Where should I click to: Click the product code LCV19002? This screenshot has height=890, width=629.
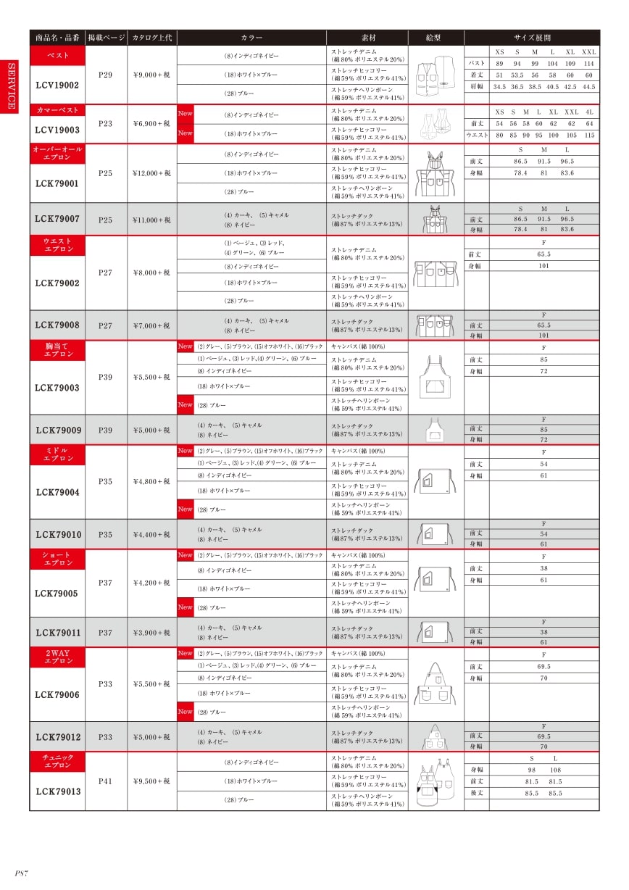[x=57, y=85]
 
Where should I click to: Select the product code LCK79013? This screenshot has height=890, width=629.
[x=57, y=791]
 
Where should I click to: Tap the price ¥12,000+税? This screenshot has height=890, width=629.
[x=152, y=173]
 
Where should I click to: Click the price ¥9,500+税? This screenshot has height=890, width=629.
[x=152, y=781]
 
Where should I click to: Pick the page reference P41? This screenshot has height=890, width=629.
[x=106, y=781]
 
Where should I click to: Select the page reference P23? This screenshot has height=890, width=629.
[x=106, y=124]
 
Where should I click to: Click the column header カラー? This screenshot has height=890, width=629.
[x=251, y=38]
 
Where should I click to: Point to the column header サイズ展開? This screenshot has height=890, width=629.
[x=532, y=38]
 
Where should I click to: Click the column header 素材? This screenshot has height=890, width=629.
[x=367, y=38]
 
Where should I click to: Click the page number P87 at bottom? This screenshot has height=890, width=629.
[x=22, y=873]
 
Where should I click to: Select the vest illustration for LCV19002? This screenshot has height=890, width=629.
[x=436, y=75]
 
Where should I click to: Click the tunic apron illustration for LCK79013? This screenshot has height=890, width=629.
[x=436, y=781]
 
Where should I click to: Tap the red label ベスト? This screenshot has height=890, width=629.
[x=57, y=55]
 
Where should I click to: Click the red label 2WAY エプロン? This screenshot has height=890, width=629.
[x=57, y=657]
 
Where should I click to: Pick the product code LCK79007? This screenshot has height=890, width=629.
[x=57, y=219]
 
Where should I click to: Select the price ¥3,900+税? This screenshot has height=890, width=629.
[x=152, y=633]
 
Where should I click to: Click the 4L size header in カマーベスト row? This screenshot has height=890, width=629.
[x=589, y=112]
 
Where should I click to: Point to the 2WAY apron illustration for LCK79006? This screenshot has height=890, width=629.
[x=436, y=683]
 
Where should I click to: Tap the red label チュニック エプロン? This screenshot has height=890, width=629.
[x=57, y=761]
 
